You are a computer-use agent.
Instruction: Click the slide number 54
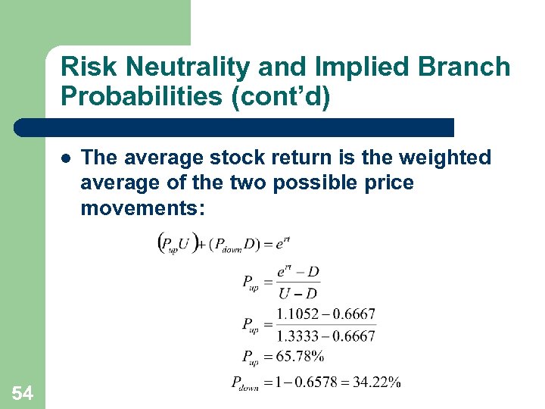[22, 392]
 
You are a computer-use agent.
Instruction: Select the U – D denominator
[297, 293]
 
